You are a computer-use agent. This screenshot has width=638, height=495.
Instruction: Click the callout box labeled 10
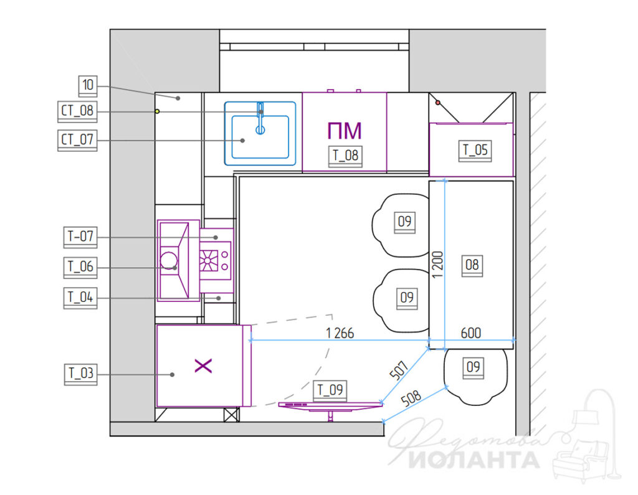(87, 86)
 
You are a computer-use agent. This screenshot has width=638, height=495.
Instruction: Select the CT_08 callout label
(77, 111)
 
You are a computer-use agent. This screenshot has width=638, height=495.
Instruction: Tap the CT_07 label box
(77, 140)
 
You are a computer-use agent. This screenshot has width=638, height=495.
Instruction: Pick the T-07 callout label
(80, 237)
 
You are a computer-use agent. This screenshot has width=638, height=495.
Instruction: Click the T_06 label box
(80, 267)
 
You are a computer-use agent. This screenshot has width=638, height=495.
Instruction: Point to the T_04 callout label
(80, 298)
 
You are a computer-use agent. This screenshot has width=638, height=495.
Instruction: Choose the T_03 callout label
(80, 374)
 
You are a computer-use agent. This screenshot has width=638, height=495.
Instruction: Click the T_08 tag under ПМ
(345, 156)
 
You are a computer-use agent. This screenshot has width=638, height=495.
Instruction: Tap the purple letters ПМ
(344, 131)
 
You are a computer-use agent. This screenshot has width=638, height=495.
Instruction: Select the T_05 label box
(475, 151)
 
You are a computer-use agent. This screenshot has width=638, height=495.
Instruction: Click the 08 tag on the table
(472, 266)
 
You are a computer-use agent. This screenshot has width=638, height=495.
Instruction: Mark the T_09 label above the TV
(330, 390)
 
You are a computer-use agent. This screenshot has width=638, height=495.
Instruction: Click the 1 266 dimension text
(340, 333)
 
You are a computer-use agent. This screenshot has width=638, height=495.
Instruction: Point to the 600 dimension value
(471, 333)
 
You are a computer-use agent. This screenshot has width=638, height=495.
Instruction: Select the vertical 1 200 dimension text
(437, 265)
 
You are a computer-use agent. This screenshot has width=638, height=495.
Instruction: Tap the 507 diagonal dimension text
(399, 370)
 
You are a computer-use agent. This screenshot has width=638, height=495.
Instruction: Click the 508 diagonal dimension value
(411, 398)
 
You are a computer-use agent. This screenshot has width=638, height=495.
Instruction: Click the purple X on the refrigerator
(204, 365)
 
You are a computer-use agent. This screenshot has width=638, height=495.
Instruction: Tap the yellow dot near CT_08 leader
(157, 111)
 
